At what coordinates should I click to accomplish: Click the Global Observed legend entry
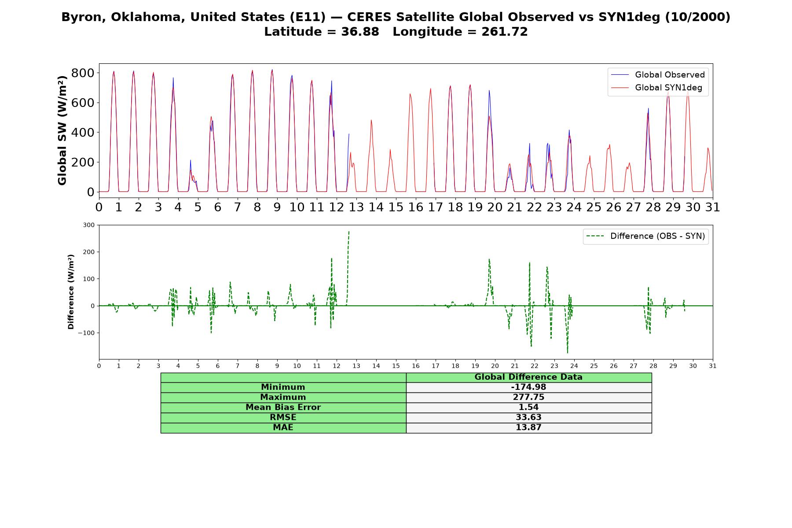click(658, 75)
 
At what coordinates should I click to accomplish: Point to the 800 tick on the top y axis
click(83, 73)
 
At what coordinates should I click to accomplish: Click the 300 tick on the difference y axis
click(89, 225)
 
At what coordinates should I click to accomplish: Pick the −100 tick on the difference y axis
click(86, 333)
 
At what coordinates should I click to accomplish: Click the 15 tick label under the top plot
click(396, 207)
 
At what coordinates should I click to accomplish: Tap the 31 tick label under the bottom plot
click(713, 366)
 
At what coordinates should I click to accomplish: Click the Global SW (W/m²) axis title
click(62, 130)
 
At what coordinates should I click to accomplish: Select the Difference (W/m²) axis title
click(71, 292)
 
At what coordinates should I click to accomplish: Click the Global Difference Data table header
click(528, 377)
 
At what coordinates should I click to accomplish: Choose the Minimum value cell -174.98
click(528, 387)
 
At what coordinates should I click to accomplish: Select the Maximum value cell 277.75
click(528, 397)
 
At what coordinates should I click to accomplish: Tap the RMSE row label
click(283, 417)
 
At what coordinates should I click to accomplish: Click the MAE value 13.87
click(528, 427)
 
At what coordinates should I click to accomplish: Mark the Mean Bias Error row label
click(283, 407)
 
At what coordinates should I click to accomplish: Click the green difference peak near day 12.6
click(349, 231)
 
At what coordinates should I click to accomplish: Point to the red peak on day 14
click(371, 120)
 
